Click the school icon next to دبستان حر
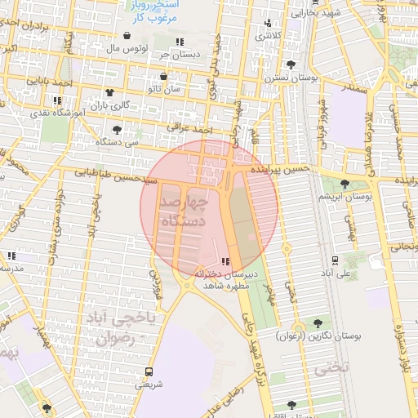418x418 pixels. (179, 41)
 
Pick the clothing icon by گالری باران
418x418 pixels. (109, 92)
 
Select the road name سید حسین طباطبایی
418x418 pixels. (114, 174)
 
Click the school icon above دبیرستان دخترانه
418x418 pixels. (225, 262)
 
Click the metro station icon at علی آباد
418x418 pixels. (336, 260)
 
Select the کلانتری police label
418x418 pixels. (269, 35)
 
